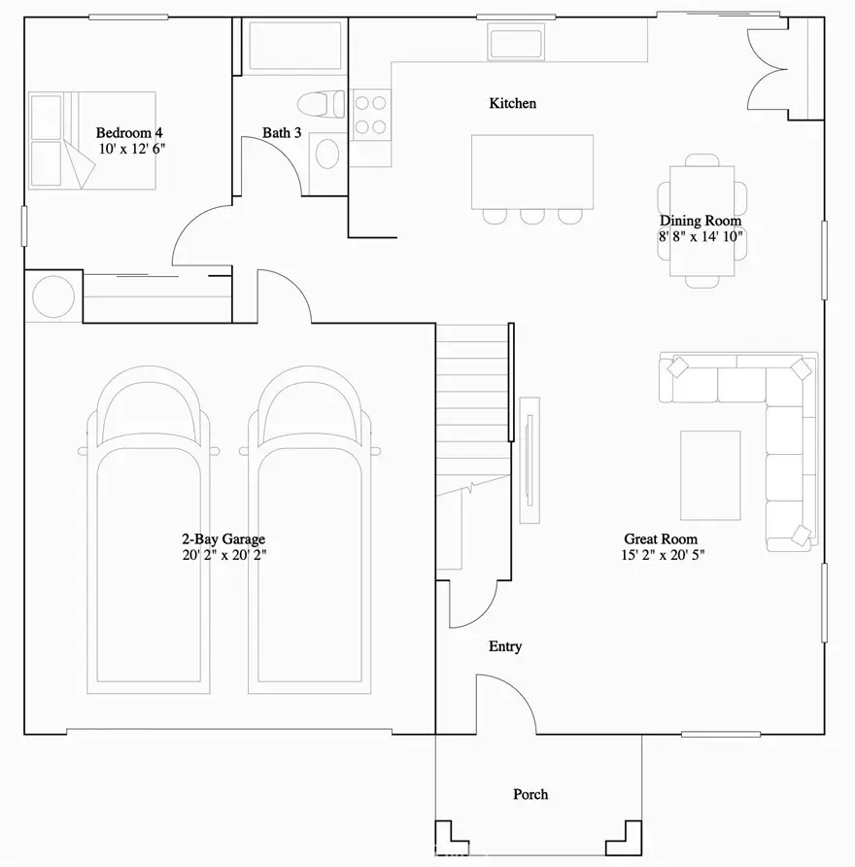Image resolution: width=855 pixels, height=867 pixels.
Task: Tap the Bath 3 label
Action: coord(281,132)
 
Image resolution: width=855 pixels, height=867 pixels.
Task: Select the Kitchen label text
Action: coord(512,103)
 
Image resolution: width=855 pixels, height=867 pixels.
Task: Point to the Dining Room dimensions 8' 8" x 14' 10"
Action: coord(701,236)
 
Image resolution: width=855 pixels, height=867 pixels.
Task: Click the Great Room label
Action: coord(661,539)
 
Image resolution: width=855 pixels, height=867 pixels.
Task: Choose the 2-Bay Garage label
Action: coord(223,539)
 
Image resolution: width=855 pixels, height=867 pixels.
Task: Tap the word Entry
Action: coord(505,646)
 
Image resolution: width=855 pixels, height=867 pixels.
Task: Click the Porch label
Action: coord(530,794)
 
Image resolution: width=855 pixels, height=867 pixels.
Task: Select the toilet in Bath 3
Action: coord(321,102)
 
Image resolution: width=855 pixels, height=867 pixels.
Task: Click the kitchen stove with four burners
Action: coord(370,114)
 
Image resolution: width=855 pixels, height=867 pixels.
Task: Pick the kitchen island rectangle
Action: coord(532,171)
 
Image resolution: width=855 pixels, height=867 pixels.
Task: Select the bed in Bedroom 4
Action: coord(92,139)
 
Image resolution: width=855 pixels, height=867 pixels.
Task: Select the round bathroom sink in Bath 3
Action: coord(328,155)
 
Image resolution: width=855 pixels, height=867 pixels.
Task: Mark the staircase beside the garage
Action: coord(472,408)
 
